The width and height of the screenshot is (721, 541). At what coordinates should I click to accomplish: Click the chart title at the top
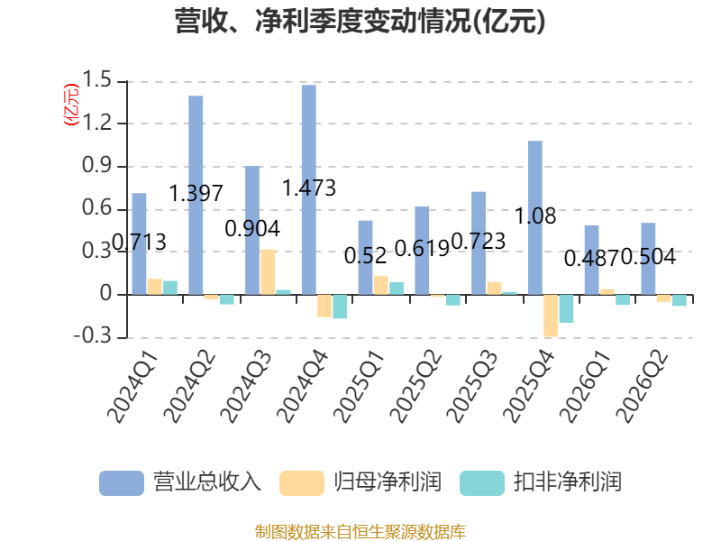click(360, 22)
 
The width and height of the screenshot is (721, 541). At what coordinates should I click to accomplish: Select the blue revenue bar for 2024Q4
click(309, 189)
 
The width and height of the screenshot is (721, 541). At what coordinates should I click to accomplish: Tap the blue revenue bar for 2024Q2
click(196, 195)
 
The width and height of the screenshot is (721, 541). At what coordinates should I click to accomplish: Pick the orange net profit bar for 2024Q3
click(268, 272)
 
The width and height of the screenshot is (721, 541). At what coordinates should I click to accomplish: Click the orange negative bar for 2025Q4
click(551, 316)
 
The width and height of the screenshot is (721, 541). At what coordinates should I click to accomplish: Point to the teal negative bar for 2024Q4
click(340, 307)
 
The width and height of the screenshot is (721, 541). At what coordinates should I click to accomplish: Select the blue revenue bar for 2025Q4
click(535, 217)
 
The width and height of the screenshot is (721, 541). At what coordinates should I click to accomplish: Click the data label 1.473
click(309, 188)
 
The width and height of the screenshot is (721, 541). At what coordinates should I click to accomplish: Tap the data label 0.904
click(252, 229)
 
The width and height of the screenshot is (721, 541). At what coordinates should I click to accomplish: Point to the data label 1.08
click(535, 215)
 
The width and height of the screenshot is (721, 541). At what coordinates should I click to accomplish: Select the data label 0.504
click(648, 257)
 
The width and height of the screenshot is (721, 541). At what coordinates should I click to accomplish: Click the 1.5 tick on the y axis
click(96, 80)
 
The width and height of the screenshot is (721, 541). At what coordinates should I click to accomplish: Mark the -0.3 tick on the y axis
click(93, 335)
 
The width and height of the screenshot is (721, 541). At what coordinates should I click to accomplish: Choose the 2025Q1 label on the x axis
click(360, 387)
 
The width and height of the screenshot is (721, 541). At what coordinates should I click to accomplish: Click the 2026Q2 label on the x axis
click(643, 387)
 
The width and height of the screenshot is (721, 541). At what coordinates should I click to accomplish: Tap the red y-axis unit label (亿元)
click(71, 105)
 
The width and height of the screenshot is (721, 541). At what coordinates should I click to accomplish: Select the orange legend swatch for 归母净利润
click(302, 483)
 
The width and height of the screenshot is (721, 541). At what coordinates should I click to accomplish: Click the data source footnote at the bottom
click(360, 531)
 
